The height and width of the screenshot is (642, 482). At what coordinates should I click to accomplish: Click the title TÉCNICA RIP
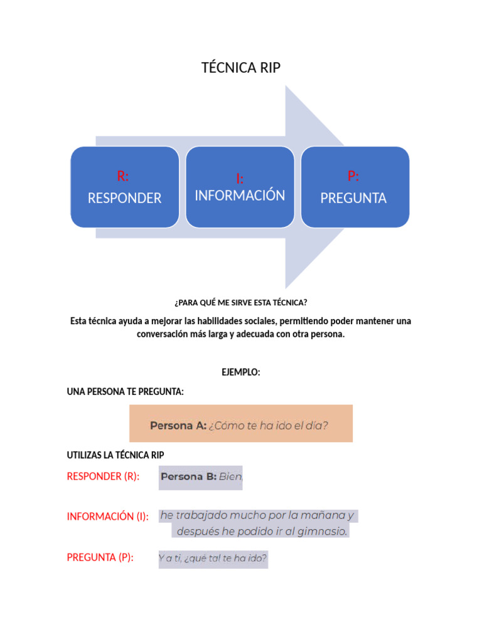click(x=241, y=68)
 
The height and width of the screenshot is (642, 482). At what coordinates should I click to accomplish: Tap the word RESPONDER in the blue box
click(x=124, y=198)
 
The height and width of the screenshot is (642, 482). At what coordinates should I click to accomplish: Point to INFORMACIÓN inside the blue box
click(x=240, y=196)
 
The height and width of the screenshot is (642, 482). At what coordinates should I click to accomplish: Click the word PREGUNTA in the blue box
click(x=353, y=198)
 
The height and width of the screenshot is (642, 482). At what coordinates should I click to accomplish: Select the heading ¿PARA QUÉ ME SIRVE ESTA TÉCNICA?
click(x=241, y=302)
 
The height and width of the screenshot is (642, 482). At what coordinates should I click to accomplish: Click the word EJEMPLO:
click(x=241, y=372)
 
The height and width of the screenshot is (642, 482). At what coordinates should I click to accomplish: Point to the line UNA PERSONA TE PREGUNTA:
click(x=125, y=392)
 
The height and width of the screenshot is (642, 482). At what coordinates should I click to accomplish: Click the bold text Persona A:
click(x=178, y=426)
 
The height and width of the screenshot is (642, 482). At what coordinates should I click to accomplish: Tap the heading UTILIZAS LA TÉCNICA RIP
click(x=115, y=455)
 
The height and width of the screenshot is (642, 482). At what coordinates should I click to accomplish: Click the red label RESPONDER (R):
click(x=103, y=476)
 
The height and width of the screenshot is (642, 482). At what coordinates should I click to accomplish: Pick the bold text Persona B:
click(x=188, y=476)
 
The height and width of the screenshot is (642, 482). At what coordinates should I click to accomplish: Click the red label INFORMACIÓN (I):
click(x=107, y=517)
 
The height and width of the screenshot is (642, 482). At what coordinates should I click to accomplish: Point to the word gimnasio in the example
click(x=323, y=532)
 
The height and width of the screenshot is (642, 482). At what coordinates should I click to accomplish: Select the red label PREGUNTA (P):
click(x=100, y=557)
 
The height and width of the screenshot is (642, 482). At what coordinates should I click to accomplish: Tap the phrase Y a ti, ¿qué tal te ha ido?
click(x=213, y=557)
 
